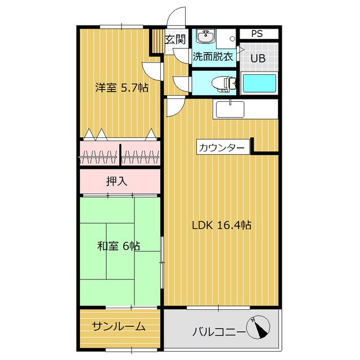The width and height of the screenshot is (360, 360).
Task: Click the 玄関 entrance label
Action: pyautogui.click(x=175, y=39)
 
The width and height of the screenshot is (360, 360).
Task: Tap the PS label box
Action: pyautogui.click(x=257, y=33)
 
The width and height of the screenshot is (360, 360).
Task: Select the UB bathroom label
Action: pyautogui.click(x=258, y=57)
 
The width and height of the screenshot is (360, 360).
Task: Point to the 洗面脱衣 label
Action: pyautogui.click(x=213, y=57)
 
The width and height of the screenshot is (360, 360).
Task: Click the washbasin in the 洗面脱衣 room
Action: pyautogui.click(x=206, y=37)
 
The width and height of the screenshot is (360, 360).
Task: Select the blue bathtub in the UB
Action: pyautogui.click(x=259, y=83)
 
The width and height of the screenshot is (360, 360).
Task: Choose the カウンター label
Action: pyautogui.click(x=221, y=147)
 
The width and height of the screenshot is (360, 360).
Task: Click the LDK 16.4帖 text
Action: pyautogui.click(x=221, y=225)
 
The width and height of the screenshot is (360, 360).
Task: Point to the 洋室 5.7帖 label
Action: pyautogui.click(x=121, y=88)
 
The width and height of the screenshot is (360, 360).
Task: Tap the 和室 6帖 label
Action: pyautogui.click(x=119, y=246)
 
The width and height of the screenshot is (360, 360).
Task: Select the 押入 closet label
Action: pyautogui.click(x=117, y=181)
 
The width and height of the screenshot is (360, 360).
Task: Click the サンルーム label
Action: pyautogui.click(x=119, y=326)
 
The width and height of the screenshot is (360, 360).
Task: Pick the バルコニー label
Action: pyautogui.click(x=218, y=331)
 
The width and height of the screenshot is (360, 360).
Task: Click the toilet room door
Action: pyautogui.click(x=183, y=83)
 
